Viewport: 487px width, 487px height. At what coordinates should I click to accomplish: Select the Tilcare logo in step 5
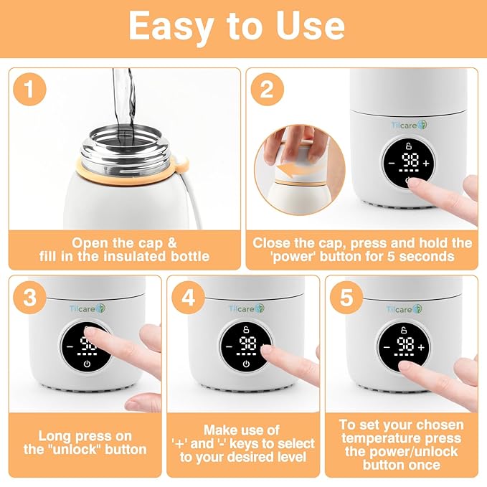(407, 308)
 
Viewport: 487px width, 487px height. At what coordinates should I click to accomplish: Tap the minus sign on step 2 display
(392, 164)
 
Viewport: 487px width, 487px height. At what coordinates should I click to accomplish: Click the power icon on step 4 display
(246, 365)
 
